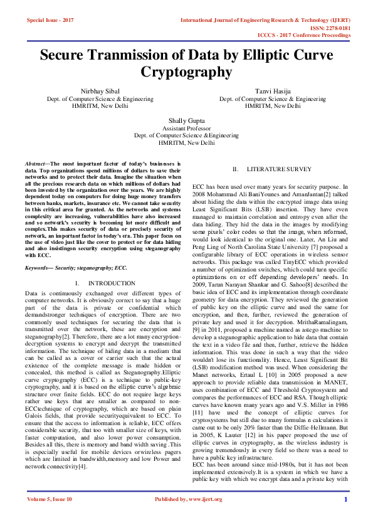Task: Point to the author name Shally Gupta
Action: [x=186, y=120]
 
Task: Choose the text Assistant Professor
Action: [x=186, y=128]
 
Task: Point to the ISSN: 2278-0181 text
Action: [x=344, y=28]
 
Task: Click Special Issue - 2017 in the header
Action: [x=50, y=21]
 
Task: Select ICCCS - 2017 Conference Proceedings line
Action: [x=313, y=36]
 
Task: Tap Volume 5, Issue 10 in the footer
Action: [x=50, y=517]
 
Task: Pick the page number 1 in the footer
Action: [x=345, y=517]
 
